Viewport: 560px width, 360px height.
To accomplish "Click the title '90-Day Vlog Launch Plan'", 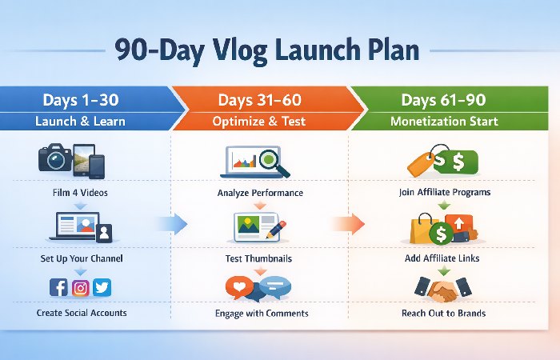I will click(266, 50).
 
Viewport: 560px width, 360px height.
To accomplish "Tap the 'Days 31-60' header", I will click(261, 100).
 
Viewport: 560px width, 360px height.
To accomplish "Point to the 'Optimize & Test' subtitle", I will click(261, 122).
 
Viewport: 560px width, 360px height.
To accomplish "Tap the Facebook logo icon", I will click(59, 287).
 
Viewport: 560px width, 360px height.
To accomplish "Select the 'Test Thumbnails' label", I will click(261, 259).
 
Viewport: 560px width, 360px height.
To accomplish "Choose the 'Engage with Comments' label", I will click(261, 313).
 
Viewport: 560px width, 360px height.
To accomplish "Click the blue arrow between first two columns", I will click(170, 222).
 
